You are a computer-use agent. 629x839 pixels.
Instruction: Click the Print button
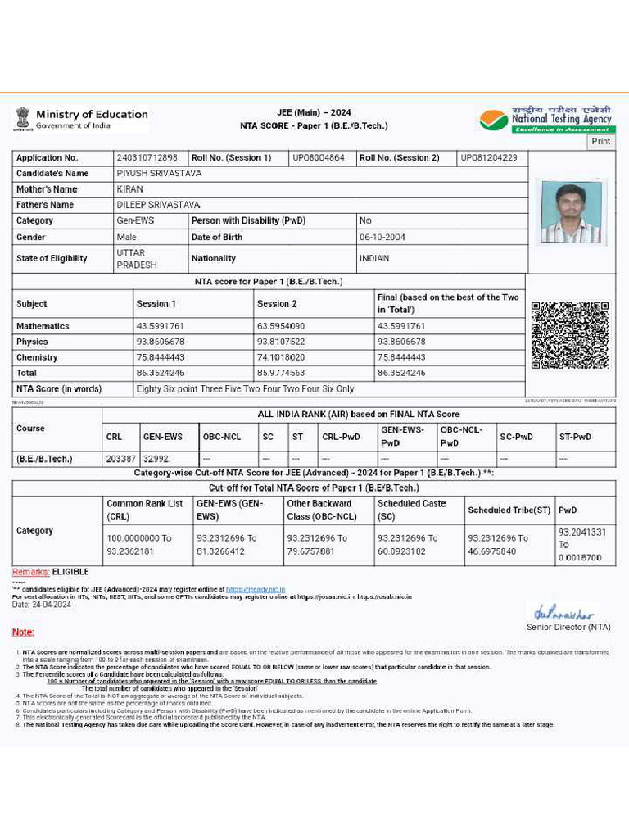coord(600,141)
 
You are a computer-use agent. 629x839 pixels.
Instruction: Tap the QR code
coord(569,335)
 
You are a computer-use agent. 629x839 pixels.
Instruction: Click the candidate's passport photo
coord(571,211)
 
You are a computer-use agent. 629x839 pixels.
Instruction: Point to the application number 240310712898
coord(147,157)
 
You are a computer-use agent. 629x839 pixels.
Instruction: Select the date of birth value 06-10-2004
coord(382,237)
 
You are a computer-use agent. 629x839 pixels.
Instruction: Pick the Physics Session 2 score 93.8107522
coord(281,342)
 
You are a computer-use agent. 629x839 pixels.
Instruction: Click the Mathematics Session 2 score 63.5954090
coord(281,326)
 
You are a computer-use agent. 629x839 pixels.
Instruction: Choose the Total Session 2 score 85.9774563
coord(281,373)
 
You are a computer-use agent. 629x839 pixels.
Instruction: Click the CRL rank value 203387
coord(120,459)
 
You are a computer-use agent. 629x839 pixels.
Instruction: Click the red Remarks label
coord(30,572)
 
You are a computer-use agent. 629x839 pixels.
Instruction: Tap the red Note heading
coord(23,633)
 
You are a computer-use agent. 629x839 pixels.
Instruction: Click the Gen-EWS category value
coord(135,220)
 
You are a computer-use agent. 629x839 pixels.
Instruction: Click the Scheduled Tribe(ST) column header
coord(509,510)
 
